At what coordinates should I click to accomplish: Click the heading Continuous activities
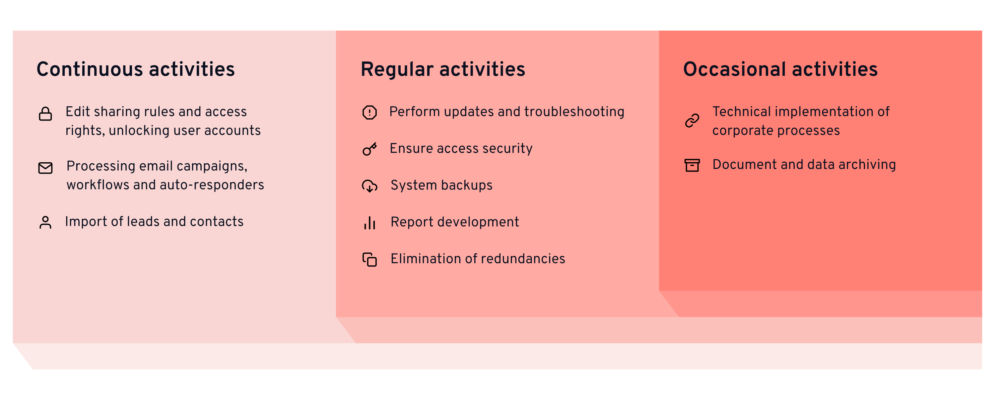136,70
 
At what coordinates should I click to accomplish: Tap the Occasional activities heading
780,70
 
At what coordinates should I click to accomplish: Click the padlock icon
45,114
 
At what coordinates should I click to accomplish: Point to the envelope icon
45,168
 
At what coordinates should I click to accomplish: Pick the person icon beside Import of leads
45,223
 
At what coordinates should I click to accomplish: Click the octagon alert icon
370,113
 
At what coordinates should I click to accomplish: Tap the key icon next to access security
370,149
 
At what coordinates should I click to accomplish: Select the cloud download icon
370,186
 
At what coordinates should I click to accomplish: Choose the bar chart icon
370,223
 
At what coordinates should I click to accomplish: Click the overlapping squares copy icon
370,260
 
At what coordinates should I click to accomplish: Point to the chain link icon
692,120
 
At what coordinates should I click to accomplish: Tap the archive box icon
692,165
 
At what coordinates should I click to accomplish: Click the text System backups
441,186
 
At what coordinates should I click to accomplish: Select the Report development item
455,222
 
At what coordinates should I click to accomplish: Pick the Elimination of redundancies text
478,259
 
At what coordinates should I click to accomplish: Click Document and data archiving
804,165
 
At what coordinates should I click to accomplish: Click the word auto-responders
212,185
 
